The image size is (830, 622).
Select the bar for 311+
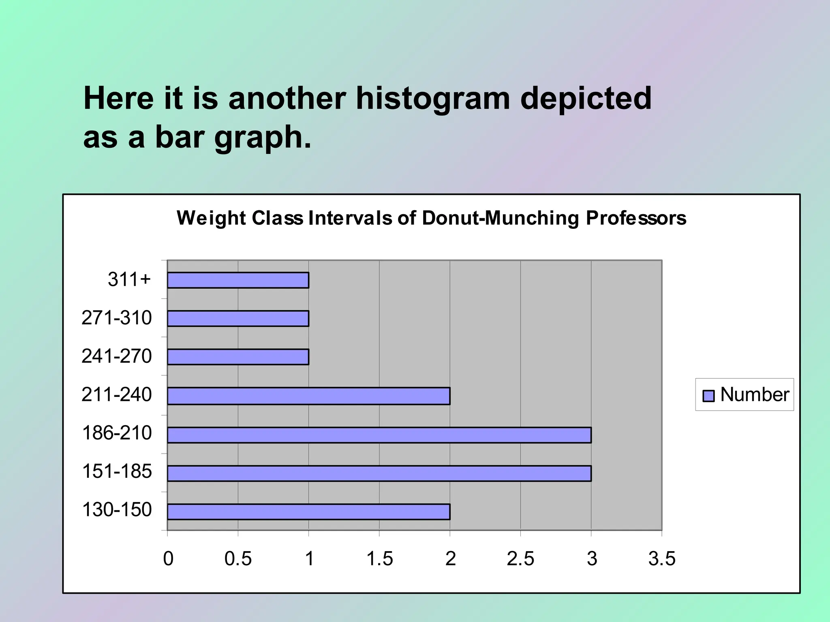click(x=238, y=280)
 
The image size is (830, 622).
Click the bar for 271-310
click(x=238, y=318)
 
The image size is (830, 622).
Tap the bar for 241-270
click(x=238, y=357)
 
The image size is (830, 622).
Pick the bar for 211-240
click(x=308, y=396)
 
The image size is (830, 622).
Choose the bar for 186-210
click(x=379, y=435)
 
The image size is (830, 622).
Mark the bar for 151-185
click(x=379, y=473)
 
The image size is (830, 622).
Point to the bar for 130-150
click(x=308, y=512)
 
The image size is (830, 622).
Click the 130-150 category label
click(x=117, y=510)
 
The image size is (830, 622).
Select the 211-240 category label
click(x=117, y=394)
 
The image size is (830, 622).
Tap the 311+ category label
click(x=129, y=279)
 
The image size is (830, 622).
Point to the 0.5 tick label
click(x=238, y=559)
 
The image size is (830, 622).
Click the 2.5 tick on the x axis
click(x=520, y=559)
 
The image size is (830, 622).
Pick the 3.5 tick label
click(x=661, y=559)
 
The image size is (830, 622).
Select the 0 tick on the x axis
click(x=168, y=559)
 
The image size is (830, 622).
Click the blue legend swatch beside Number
click(x=708, y=396)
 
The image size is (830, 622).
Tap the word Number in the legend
click(x=755, y=394)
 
